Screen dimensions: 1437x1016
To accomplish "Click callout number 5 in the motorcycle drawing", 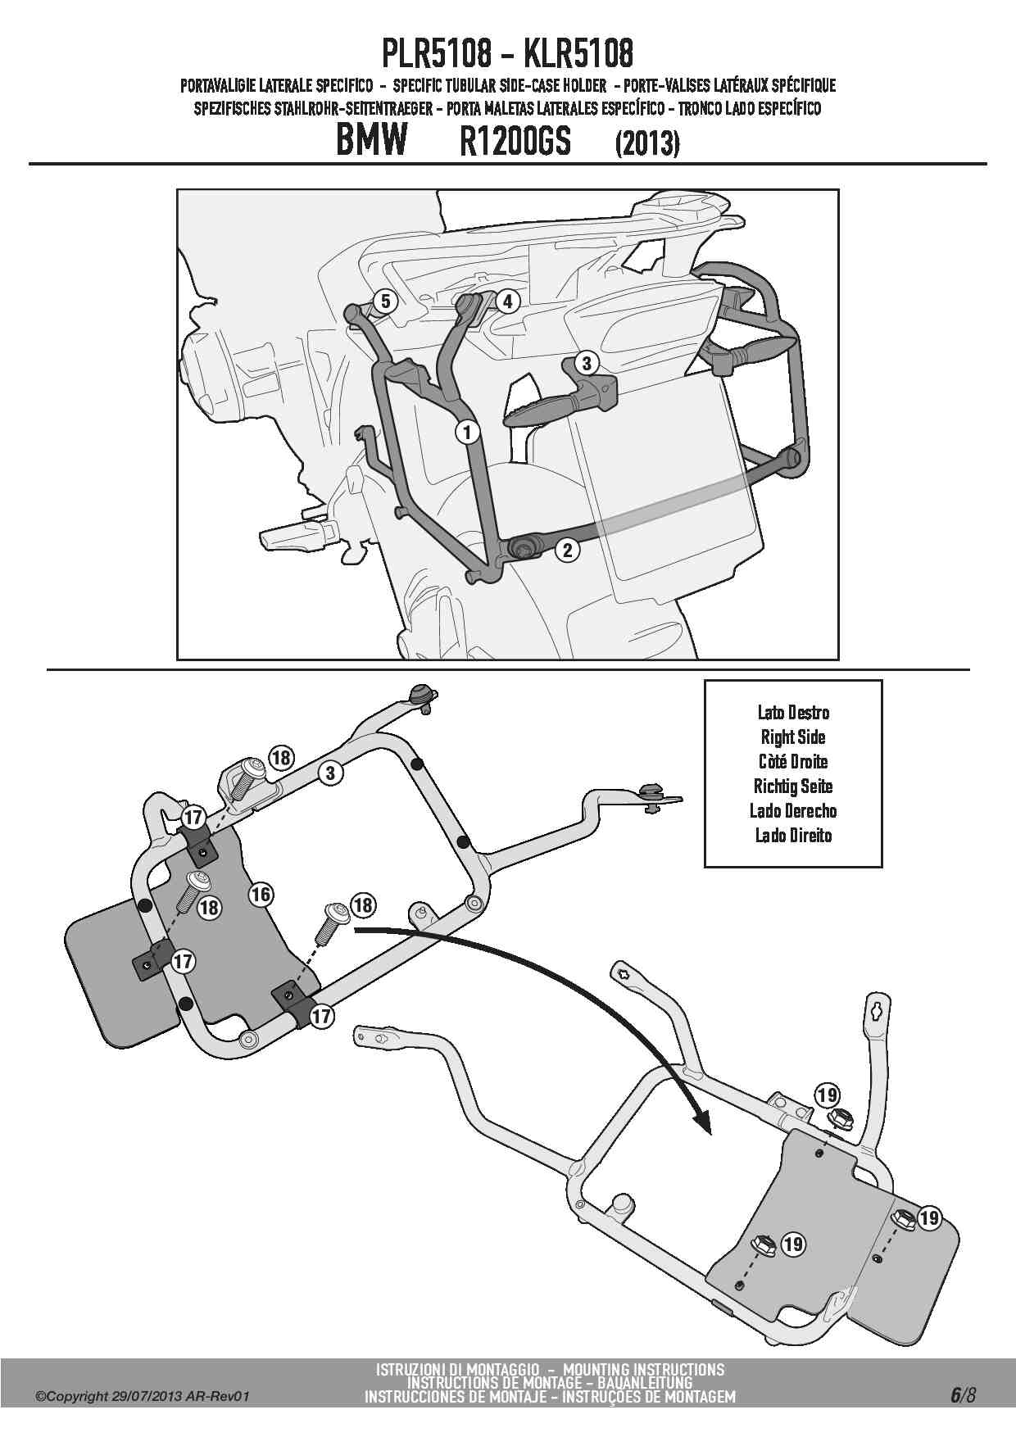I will [x=385, y=301].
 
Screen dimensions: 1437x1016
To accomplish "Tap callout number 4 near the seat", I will [x=507, y=301].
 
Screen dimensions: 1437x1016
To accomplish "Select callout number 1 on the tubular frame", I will [x=467, y=431].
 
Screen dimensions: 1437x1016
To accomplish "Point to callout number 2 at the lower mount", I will [x=567, y=549].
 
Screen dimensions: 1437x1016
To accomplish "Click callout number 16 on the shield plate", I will [x=261, y=893].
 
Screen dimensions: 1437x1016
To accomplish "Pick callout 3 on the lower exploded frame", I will [x=329, y=772].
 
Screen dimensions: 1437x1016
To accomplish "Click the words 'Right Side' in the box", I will [x=792, y=737].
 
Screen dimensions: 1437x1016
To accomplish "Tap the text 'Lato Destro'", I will [x=792, y=712].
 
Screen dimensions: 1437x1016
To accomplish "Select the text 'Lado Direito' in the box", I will [x=792, y=835].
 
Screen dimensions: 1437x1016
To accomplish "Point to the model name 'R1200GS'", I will [x=515, y=143].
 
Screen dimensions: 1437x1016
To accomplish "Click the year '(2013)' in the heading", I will [x=646, y=144].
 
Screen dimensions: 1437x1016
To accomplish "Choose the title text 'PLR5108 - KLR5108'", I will [x=507, y=54].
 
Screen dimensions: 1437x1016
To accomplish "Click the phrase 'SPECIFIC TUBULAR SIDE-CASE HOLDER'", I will [x=500, y=85].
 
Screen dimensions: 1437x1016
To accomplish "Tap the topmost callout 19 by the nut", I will [x=827, y=1095].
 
